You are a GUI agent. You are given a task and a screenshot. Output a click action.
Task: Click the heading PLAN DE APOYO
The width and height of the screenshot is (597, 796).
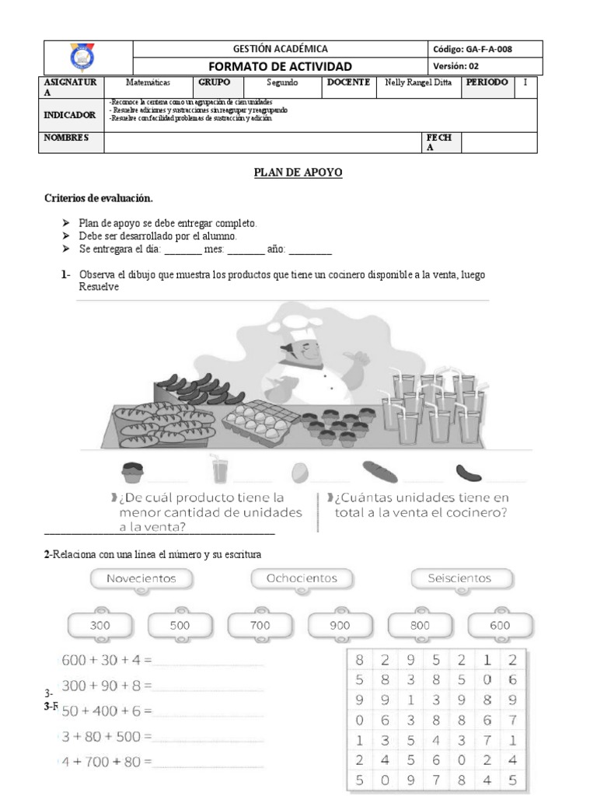coord(298,173)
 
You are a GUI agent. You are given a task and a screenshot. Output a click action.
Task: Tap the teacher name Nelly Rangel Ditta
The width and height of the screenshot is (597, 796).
coord(418,82)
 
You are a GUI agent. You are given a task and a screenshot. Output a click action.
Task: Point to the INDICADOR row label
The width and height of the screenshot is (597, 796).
coord(70,115)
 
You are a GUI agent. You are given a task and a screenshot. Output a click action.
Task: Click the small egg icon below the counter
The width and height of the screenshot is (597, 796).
coord(300,472)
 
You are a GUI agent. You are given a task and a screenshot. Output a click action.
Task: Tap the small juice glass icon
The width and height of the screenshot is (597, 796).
coord(220,470)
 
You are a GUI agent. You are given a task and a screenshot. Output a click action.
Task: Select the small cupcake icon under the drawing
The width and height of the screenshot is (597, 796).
coord(133,471)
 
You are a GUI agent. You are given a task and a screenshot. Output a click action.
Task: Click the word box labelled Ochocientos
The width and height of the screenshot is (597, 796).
coord(302,578)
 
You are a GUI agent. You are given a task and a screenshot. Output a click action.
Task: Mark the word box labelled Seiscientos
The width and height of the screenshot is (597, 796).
coord(460,578)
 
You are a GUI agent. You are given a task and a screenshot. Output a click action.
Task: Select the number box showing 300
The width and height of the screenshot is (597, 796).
coord(100,625)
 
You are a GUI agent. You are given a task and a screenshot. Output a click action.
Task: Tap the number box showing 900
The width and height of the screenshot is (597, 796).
coord(340,625)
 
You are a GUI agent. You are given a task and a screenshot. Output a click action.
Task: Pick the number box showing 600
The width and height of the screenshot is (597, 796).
coord(500,625)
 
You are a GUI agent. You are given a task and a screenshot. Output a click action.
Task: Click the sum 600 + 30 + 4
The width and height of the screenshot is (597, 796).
coord(106,660)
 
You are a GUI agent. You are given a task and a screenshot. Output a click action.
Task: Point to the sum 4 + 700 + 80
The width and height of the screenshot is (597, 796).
coord(106,762)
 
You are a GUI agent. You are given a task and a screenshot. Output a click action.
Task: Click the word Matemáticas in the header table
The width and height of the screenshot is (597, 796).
coord(148,82)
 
